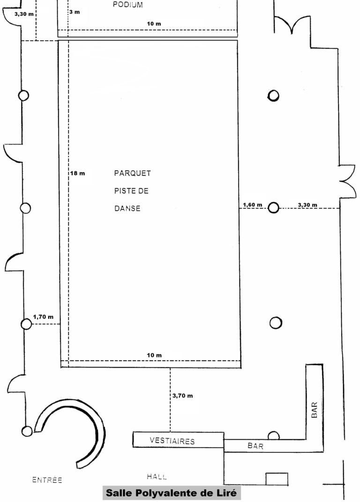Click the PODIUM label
click(x=127, y=5)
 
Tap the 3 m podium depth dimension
click(x=75, y=12)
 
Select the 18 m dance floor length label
click(x=78, y=173)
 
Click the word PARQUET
click(x=132, y=173)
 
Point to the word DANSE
click(x=127, y=208)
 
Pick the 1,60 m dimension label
click(x=252, y=205)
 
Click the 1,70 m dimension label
click(x=43, y=317)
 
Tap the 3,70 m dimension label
click(x=183, y=396)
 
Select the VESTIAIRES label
click(x=172, y=441)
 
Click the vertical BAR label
click(x=314, y=410)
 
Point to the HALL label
click(x=157, y=477)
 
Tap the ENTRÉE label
click(x=47, y=480)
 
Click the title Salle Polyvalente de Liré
click(x=172, y=493)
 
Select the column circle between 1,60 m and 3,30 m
click(x=273, y=208)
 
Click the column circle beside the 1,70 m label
click(x=26, y=325)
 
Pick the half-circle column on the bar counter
click(x=273, y=436)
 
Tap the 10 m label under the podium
click(x=154, y=24)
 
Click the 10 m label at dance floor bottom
click(x=154, y=355)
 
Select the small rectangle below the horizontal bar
click(x=277, y=479)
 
